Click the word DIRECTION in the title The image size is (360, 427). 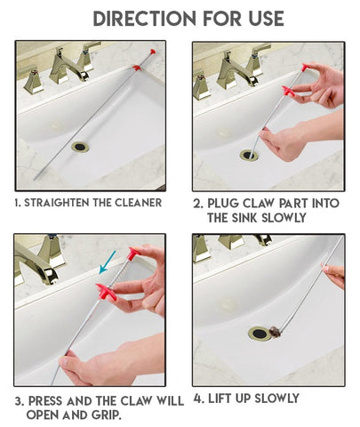[x=145, y=19]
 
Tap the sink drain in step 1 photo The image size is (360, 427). [x=80, y=147]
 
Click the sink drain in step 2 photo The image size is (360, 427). [x=249, y=155]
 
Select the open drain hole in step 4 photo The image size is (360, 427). [x=260, y=334]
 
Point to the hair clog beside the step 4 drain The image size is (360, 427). [x=275, y=331]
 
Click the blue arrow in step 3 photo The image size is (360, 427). [x=107, y=262]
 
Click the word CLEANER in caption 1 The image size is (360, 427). [x=139, y=203]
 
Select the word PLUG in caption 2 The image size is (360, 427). [x=223, y=204]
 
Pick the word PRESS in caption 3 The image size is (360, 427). [x=46, y=401]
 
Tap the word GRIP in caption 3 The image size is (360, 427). [x=107, y=415]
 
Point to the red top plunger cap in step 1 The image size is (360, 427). [x=153, y=52]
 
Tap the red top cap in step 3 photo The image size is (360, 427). [x=133, y=253]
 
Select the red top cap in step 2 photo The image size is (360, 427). [x=305, y=68]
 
